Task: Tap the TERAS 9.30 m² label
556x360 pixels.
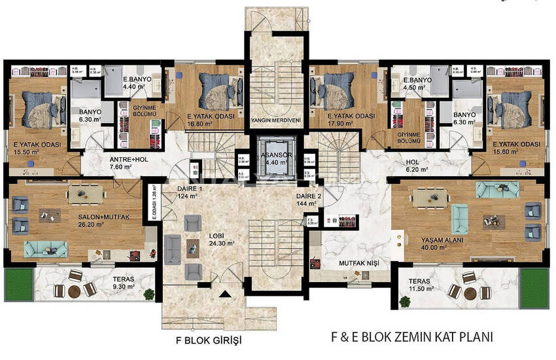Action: tap(124, 283)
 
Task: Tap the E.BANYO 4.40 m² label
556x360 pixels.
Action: tap(137, 81)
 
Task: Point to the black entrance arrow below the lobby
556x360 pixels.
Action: tap(226, 296)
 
